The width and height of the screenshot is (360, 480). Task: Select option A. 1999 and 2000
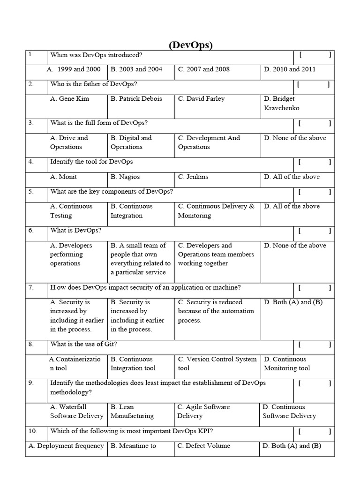[74, 69]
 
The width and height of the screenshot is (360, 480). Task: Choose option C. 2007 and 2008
[203, 69]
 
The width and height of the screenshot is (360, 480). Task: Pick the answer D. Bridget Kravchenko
[281, 103]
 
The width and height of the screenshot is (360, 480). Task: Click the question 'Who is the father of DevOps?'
[94, 84]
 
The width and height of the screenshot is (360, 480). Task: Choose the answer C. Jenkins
[193, 177]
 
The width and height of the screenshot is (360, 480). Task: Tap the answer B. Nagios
[125, 177]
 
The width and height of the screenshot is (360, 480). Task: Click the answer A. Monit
[64, 177]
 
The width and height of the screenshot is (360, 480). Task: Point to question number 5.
[31, 191]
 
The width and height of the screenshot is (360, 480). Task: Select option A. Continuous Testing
[71, 211]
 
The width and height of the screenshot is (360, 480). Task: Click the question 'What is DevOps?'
[76, 231]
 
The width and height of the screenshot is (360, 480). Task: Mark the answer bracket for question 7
[315, 287]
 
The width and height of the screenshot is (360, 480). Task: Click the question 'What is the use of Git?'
[84, 344]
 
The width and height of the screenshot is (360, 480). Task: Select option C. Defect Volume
[204, 446]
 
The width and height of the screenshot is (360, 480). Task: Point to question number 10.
[33, 431]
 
